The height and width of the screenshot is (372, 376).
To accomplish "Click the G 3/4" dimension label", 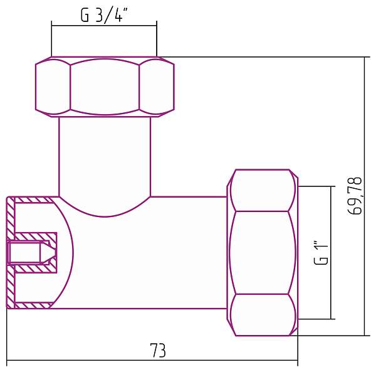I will (x=104, y=16).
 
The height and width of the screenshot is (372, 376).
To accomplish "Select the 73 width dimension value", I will (x=158, y=350).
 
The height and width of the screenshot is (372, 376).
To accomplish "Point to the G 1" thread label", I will (x=321, y=252).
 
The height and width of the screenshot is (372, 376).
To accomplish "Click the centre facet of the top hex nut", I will (x=104, y=87).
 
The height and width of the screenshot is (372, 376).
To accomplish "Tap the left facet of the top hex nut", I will (x=52, y=87).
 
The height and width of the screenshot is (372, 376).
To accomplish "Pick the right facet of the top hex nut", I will (x=156, y=87).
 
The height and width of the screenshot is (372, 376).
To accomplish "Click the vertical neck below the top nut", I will (x=105, y=154).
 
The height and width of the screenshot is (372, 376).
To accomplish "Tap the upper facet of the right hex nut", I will (x=263, y=191).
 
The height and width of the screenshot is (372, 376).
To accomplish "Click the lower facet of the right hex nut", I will (x=263, y=314).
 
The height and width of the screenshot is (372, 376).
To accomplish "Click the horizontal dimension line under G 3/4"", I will (x=104, y=26).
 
